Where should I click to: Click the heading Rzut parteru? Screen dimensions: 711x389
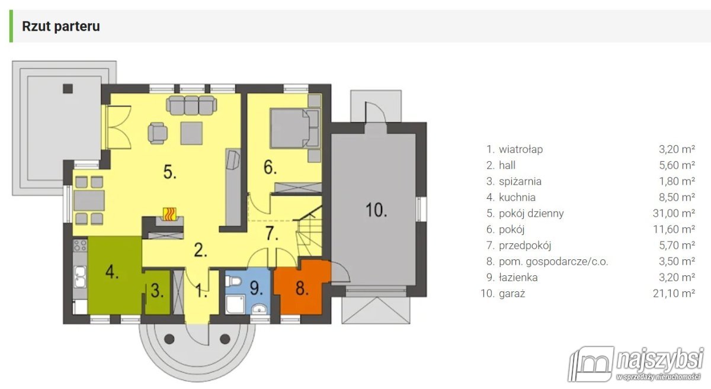click(x=61, y=26)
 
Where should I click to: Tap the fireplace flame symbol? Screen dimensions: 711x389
click(x=169, y=214)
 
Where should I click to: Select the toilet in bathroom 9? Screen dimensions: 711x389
click(x=233, y=281)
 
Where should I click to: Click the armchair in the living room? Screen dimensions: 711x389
click(x=157, y=133)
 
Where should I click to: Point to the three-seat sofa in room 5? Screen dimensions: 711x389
click(x=191, y=105)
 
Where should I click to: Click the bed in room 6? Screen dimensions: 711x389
click(x=294, y=128)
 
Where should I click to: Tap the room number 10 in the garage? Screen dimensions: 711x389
click(x=376, y=210)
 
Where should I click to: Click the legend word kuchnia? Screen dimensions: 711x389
click(x=517, y=197)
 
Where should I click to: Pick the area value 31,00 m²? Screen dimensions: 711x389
click(x=674, y=213)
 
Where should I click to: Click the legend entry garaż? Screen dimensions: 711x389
click(x=512, y=294)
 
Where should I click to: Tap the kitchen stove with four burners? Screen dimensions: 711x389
click(x=80, y=245)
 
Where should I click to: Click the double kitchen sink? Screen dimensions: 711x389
click(x=80, y=277)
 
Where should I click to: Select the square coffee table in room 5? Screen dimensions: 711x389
click(x=191, y=133)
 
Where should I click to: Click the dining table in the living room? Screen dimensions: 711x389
click(x=89, y=201)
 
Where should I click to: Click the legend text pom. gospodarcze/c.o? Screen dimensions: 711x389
click(x=553, y=262)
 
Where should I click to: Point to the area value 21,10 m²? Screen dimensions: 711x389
click(x=674, y=294)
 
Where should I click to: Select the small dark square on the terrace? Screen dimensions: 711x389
click(x=68, y=89)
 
